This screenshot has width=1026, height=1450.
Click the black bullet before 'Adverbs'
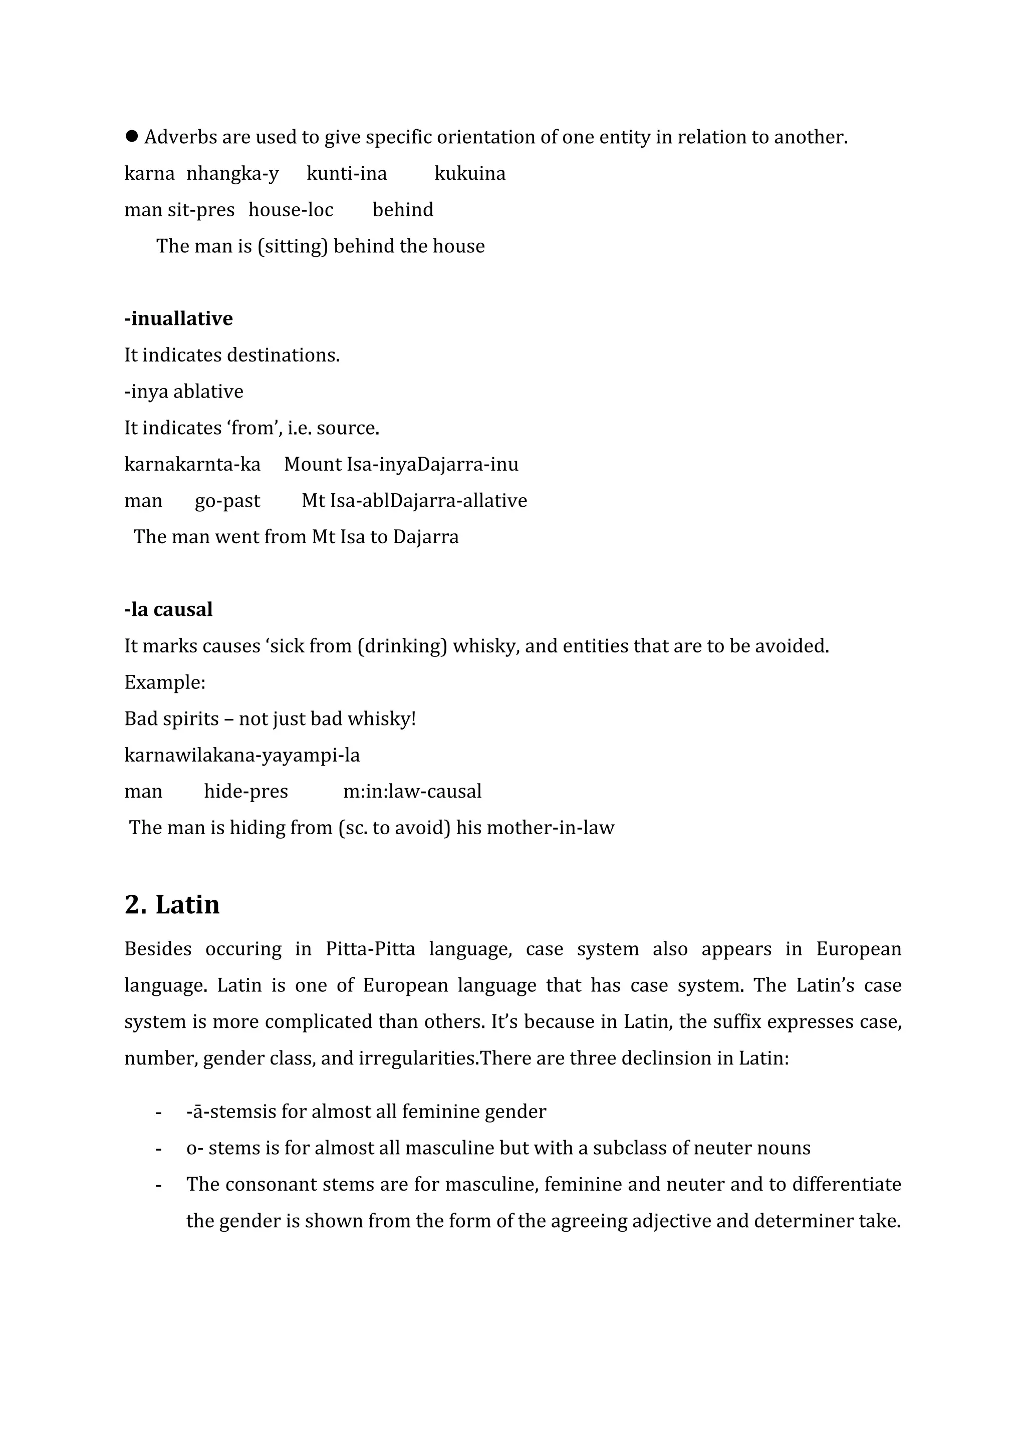[x=131, y=136]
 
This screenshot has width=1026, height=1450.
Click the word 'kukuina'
[x=469, y=173]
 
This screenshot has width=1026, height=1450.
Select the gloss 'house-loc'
[x=291, y=210]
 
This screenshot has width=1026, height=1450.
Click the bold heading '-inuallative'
[x=178, y=318]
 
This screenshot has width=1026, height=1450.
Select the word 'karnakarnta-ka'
[x=192, y=464]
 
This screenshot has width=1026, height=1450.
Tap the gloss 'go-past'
[x=227, y=501]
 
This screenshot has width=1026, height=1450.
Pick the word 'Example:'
[x=165, y=682]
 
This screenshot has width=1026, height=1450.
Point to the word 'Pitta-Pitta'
[x=370, y=949]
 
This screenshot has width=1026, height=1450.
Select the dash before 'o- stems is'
[x=158, y=1148]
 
